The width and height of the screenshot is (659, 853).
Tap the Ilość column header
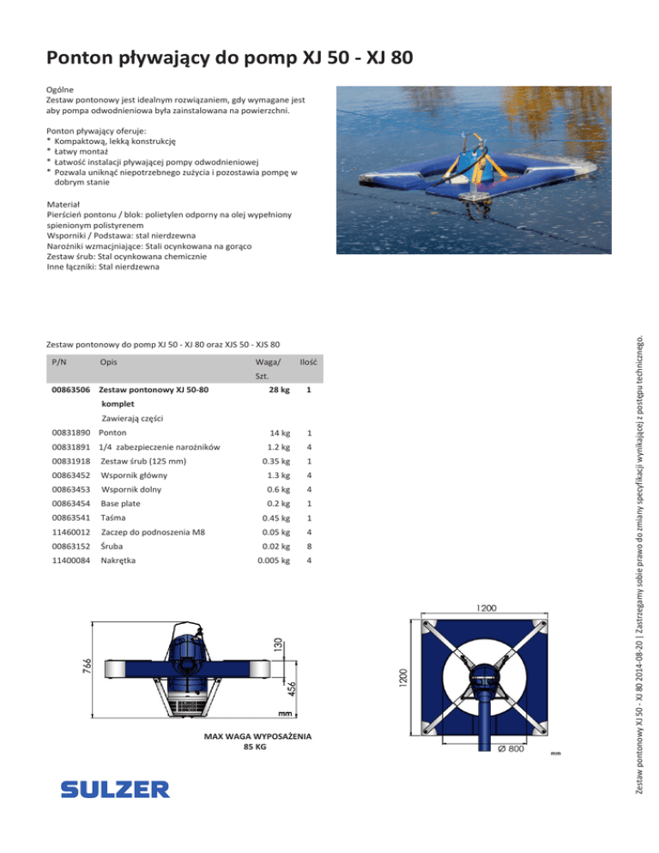[x=310, y=362]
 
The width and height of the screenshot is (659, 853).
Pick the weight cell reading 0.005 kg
[x=274, y=560]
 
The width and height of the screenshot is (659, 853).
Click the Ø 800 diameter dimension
[x=511, y=749]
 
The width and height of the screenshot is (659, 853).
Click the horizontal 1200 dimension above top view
[x=487, y=607]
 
